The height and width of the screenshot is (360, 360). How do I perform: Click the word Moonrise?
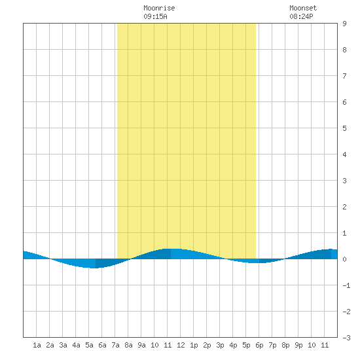[159, 8]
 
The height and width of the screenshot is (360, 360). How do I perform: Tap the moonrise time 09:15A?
[155, 16]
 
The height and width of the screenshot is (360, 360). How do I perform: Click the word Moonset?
[303, 8]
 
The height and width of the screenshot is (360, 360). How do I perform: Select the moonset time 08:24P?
[301, 16]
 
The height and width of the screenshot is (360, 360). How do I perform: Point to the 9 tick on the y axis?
[344, 24]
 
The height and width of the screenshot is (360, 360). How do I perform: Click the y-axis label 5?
[344, 128]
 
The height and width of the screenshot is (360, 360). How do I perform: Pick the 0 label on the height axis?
[344, 259]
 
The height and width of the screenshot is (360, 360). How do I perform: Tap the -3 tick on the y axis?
[346, 338]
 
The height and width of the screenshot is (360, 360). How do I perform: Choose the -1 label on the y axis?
[346, 285]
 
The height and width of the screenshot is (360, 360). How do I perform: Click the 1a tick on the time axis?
[37, 345]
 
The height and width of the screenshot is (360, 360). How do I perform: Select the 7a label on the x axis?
[115, 345]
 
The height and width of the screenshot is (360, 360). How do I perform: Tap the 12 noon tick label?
[181, 345]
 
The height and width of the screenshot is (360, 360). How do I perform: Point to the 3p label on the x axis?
[220, 345]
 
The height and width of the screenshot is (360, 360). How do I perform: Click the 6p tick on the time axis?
[259, 345]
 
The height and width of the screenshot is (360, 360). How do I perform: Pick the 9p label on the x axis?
[298, 345]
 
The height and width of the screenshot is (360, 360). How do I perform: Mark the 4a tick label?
[76, 345]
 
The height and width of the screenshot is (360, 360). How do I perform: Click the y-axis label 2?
[344, 207]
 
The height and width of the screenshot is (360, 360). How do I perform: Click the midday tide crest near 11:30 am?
[174, 249]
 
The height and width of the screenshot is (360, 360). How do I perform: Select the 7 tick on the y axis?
[344, 76]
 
